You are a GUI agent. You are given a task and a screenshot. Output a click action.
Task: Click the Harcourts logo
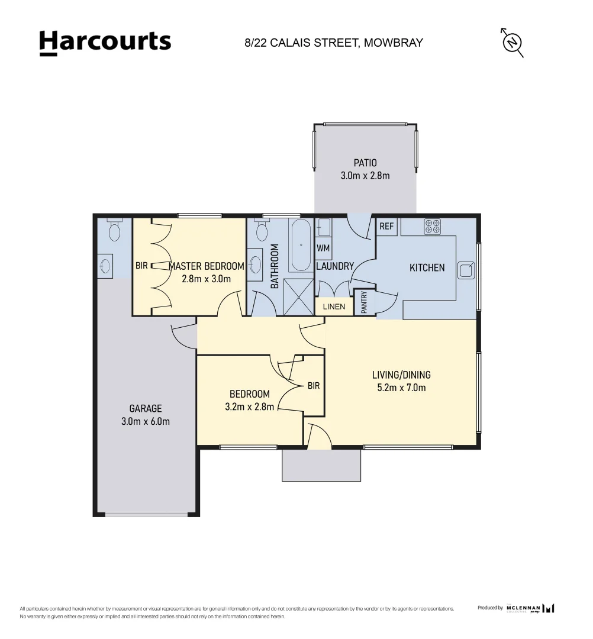[x=105, y=42]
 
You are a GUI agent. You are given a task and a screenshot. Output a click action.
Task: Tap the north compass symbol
[x=512, y=43]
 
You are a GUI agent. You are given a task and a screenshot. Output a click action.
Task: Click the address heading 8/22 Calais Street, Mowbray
[x=334, y=43]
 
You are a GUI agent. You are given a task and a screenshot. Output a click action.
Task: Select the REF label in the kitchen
[x=386, y=227]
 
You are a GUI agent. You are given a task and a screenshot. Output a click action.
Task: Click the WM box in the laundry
[x=323, y=248]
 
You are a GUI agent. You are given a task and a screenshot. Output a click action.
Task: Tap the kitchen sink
[x=466, y=270]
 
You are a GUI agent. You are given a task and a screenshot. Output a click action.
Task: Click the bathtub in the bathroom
[x=300, y=244]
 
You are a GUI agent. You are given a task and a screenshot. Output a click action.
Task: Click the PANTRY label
[x=364, y=302]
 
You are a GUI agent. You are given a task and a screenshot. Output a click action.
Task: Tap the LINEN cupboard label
[x=334, y=306]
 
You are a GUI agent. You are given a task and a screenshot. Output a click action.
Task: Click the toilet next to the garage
[x=115, y=229]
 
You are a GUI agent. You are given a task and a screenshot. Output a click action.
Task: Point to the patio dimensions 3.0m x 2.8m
[x=365, y=175]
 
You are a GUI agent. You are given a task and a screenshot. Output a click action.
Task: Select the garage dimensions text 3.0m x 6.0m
[x=146, y=421]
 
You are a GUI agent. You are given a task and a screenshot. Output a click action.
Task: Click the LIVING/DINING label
[x=401, y=375]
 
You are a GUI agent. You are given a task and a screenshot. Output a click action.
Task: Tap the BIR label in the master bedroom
[x=141, y=266]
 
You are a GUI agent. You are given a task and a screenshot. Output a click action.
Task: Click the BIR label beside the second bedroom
[x=313, y=386]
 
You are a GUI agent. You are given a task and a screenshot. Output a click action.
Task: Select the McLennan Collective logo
[x=531, y=608]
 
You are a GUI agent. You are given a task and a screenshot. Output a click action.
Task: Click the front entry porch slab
[x=321, y=465]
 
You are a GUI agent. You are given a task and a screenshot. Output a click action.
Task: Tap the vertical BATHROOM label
[x=274, y=266]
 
